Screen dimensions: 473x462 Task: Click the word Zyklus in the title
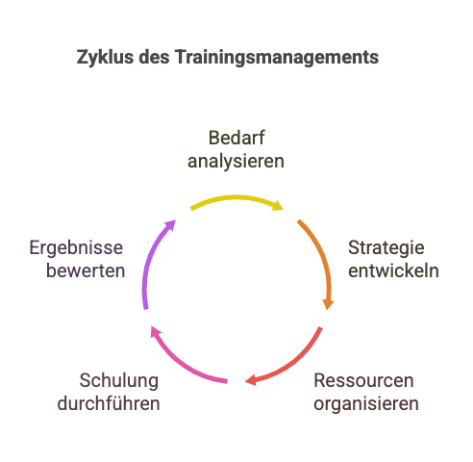pyautogui.click(x=105, y=58)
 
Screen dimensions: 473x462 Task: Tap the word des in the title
pyautogui.click(x=154, y=57)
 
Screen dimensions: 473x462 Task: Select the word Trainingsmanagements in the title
pyautogui.click(x=277, y=58)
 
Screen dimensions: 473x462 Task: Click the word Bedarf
pyautogui.click(x=236, y=138)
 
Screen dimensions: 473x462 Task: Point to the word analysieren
pyautogui.click(x=236, y=162)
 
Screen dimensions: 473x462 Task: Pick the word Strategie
pyautogui.click(x=386, y=248)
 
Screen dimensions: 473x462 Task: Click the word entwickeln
pyautogui.click(x=393, y=270)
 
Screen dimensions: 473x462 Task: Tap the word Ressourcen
pyautogui.click(x=363, y=381)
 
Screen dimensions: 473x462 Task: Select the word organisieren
pyautogui.click(x=366, y=404)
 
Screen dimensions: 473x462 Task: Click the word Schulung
pyautogui.click(x=119, y=381)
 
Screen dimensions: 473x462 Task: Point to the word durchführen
pyautogui.click(x=109, y=403)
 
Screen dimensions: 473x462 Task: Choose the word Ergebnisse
pyautogui.click(x=76, y=248)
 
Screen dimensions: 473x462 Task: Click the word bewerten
pyautogui.click(x=86, y=270)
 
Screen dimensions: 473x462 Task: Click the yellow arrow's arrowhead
pyautogui.click(x=278, y=205)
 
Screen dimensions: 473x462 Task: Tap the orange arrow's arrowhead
pyautogui.click(x=328, y=304)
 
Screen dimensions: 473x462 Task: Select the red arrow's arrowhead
pyautogui.click(x=251, y=380)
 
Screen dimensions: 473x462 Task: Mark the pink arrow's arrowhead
pyautogui.click(x=155, y=332)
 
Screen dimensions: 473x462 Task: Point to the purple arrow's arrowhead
pyautogui.click(x=171, y=224)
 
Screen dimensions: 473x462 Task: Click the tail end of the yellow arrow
pyautogui.click(x=191, y=209)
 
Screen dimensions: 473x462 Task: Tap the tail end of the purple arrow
pyautogui.click(x=146, y=309)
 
